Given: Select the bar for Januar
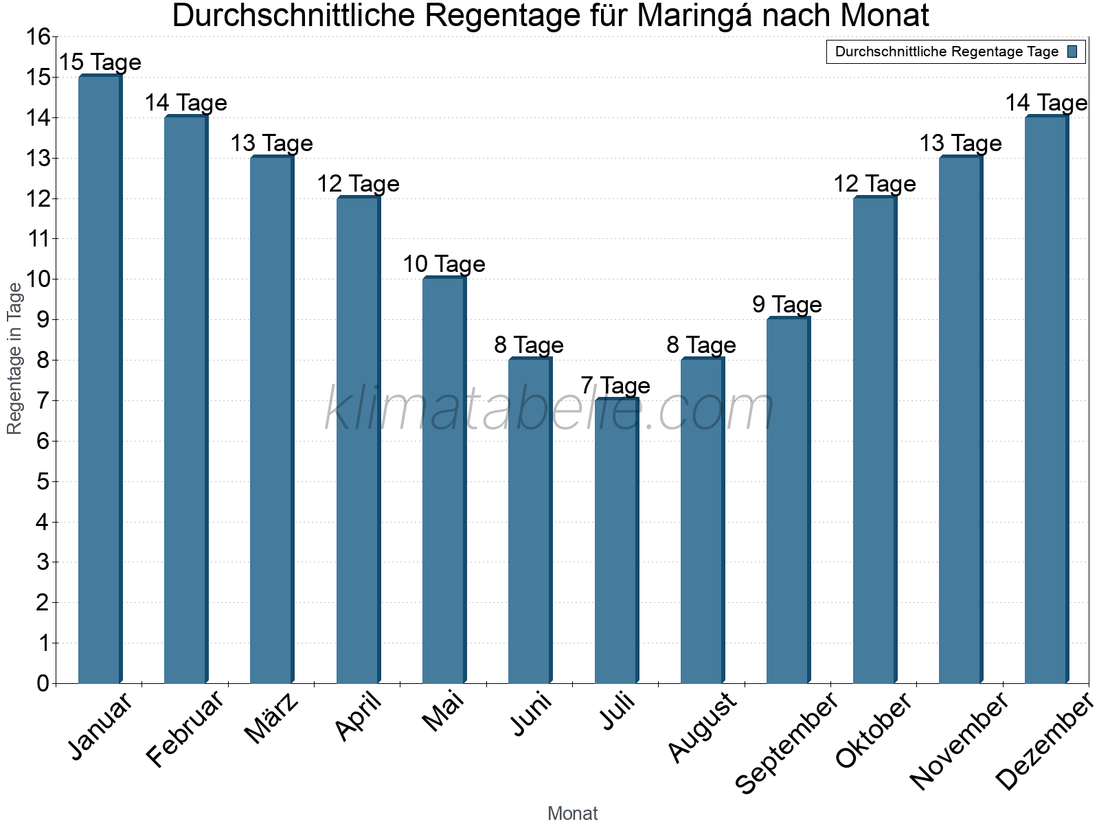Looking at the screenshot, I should pyautogui.click(x=100, y=379).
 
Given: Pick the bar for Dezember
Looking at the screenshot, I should pyautogui.click(x=1046, y=400).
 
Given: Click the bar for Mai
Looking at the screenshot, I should pyautogui.click(x=444, y=480).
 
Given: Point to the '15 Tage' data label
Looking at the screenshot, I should pyautogui.click(x=100, y=62).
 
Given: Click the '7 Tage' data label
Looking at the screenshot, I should pyautogui.click(x=616, y=386).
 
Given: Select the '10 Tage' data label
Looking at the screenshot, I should pyautogui.click(x=444, y=264).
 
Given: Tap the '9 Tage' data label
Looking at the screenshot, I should pyautogui.click(x=787, y=305).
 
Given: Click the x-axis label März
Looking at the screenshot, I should pyautogui.click(x=273, y=718).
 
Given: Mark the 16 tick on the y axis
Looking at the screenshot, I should pyautogui.click(x=38, y=37).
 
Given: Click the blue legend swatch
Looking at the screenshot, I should pyautogui.click(x=1073, y=51).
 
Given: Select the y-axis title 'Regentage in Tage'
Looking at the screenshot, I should pyautogui.click(x=15, y=358).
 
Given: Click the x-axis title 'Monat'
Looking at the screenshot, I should pyautogui.click(x=572, y=814).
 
